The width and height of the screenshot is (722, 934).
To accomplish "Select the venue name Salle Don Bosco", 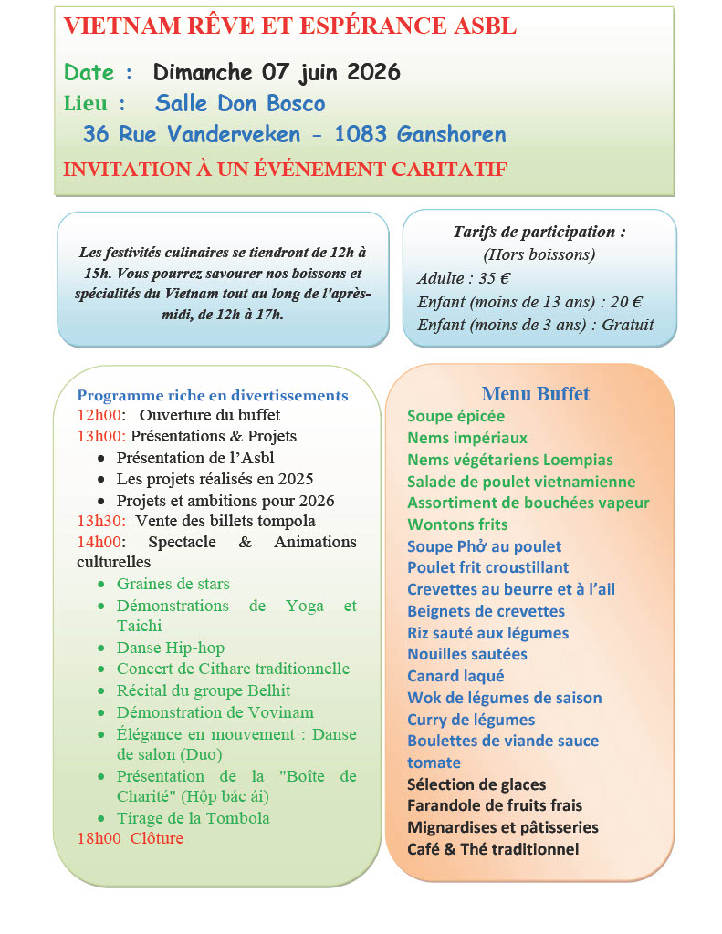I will click(x=240, y=103).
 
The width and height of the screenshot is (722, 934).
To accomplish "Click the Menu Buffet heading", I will click(x=535, y=394).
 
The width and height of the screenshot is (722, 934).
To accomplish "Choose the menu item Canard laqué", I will click(x=455, y=676).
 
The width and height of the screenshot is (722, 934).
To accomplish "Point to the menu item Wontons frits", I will click(x=457, y=524).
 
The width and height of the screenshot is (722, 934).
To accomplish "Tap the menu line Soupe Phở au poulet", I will click(x=484, y=546).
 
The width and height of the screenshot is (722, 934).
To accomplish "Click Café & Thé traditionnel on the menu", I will click(x=493, y=849).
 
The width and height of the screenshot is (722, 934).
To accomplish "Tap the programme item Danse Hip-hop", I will click(x=171, y=648).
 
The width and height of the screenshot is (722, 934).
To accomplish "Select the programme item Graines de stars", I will click(x=173, y=584).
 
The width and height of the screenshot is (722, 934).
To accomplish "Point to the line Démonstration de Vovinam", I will click(x=215, y=712).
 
